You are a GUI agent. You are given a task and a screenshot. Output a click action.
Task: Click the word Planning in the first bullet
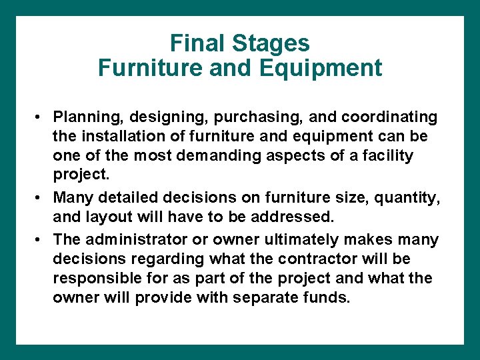(82, 117)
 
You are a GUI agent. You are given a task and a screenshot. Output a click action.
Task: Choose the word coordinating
(389, 117)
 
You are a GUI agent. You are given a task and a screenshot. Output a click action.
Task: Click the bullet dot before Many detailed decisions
(41, 197)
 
